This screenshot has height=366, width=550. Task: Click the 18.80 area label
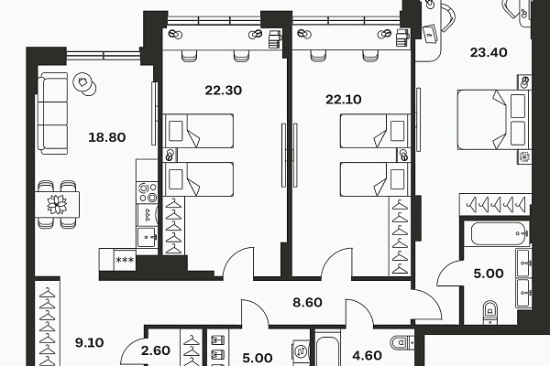[106, 137]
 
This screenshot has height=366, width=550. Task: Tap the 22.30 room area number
[224, 91]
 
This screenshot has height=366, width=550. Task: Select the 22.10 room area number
[344, 100]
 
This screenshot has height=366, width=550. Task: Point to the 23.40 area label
[489, 52]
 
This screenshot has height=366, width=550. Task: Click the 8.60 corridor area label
[307, 302]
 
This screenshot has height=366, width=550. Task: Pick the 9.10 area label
[90, 342]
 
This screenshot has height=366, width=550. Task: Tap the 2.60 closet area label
[156, 350]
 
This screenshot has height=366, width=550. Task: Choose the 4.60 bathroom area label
[367, 356]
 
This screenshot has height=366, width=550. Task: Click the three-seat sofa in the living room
[52, 113]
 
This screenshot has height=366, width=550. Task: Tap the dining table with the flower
[57, 205]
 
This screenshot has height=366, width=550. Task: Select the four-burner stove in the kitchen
[147, 193]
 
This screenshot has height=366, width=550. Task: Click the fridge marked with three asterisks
[125, 260]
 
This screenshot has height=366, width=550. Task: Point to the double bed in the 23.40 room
[493, 120]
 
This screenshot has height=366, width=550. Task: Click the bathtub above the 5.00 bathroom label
[500, 234]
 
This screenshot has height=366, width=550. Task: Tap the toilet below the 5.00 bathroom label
[490, 312]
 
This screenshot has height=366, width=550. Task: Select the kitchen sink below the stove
[147, 237]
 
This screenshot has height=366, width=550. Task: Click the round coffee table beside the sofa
[84, 84]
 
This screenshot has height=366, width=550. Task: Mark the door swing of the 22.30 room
[237, 262]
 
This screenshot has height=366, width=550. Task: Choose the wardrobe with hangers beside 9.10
[48, 323]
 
